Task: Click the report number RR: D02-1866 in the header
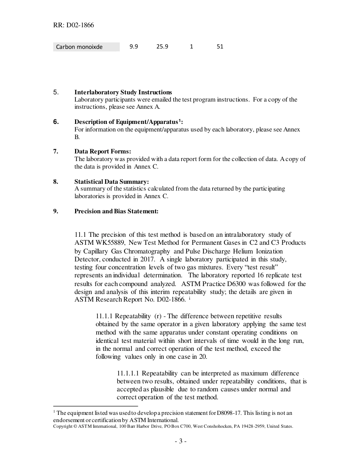[x=74, y=25]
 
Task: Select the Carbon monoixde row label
[x=79, y=47]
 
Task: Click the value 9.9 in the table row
[x=133, y=47]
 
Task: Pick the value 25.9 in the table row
[x=162, y=47]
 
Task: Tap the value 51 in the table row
[x=220, y=47]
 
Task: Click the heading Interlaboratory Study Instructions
[x=123, y=92]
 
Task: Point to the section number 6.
[x=56, y=122]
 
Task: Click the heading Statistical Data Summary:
[x=111, y=181]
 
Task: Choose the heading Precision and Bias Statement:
[x=116, y=211]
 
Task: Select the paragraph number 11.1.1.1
[x=128, y=373]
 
